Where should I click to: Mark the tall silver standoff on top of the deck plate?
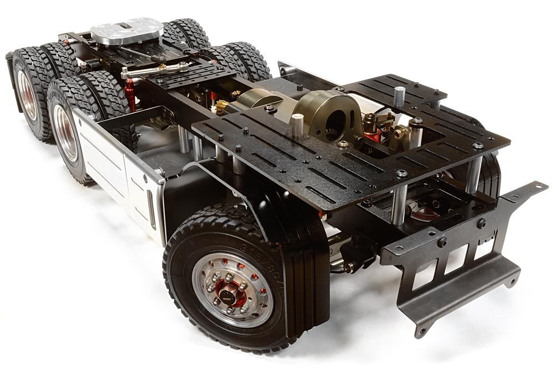(398, 96)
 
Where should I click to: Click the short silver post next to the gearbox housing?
(297, 125)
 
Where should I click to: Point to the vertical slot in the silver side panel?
(152, 211)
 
